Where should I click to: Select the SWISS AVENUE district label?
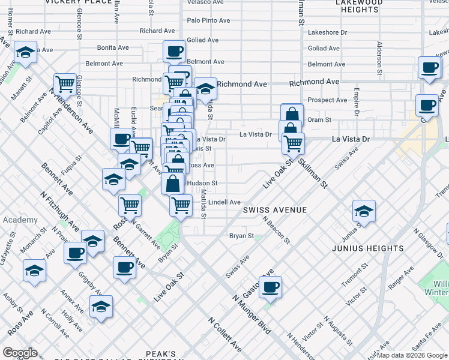pyautogui.click(x=275, y=210)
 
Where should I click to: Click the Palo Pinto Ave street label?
pyautogui.click(x=208, y=20)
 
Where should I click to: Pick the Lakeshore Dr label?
pyautogui.click(x=327, y=32)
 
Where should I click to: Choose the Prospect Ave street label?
pyautogui.click(x=327, y=100)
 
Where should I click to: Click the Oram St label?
pyautogui.click(x=319, y=120)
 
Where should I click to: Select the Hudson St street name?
pyautogui.click(x=202, y=183)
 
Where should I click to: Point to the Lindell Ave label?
pyautogui.click(x=224, y=203)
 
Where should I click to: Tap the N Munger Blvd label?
pyautogui.click(x=252, y=315)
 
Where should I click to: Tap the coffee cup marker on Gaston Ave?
pyautogui.click(x=270, y=286)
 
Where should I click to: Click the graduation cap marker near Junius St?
pyautogui.click(x=364, y=211)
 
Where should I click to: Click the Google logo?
pyautogui.click(x=20, y=353)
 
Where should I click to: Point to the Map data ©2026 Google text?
pyautogui.click(x=412, y=355)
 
